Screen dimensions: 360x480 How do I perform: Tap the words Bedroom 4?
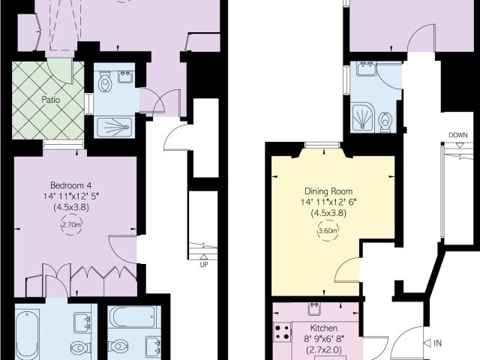(x=71, y=185)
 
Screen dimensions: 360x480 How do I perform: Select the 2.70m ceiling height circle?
(x=71, y=223)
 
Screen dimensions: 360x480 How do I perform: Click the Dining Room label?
(x=332, y=191)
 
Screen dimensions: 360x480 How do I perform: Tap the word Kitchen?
(x=323, y=329)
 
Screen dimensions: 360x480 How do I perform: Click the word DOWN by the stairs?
(x=458, y=136)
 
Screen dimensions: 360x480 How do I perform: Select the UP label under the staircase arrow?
(x=203, y=263)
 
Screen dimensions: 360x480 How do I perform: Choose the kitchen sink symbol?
(x=313, y=307)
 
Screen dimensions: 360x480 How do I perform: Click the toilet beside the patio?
(x=107, y=82)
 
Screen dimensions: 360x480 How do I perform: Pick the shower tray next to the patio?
(x=114, y=126)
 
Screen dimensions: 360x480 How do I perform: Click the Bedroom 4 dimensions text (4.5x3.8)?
(x=71, y=208)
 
